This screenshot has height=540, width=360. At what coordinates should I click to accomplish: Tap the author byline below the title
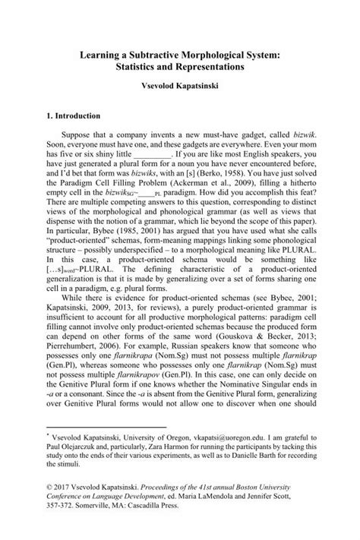[x=179, y=88]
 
